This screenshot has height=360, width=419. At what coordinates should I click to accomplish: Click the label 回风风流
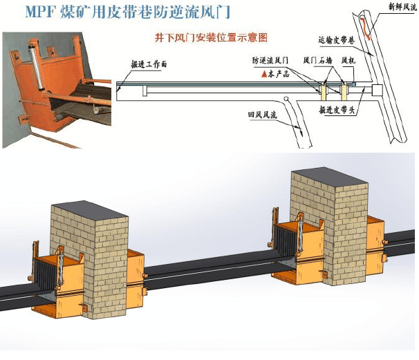pos(264,115)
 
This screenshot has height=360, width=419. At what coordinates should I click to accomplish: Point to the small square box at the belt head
pos(377,91)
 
